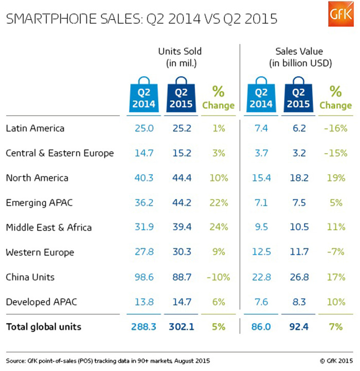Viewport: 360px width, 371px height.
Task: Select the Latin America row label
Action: tap(35, 128)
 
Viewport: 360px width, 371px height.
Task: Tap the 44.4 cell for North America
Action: tap(179, 178)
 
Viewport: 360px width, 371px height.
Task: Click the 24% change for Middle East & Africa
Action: tap(219, 228)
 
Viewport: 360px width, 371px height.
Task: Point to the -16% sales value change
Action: tap(336, 128)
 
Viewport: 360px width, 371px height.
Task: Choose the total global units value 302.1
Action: tap(179, 326)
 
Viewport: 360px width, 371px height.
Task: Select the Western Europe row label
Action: tap(40, 252)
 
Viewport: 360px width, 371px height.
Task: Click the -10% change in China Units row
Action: tap(218, 277)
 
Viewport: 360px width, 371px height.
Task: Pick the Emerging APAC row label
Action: tap(39, 203)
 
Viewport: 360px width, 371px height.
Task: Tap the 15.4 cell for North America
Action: tap(261, 178)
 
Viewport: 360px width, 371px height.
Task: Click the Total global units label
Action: tap(44, 326)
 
